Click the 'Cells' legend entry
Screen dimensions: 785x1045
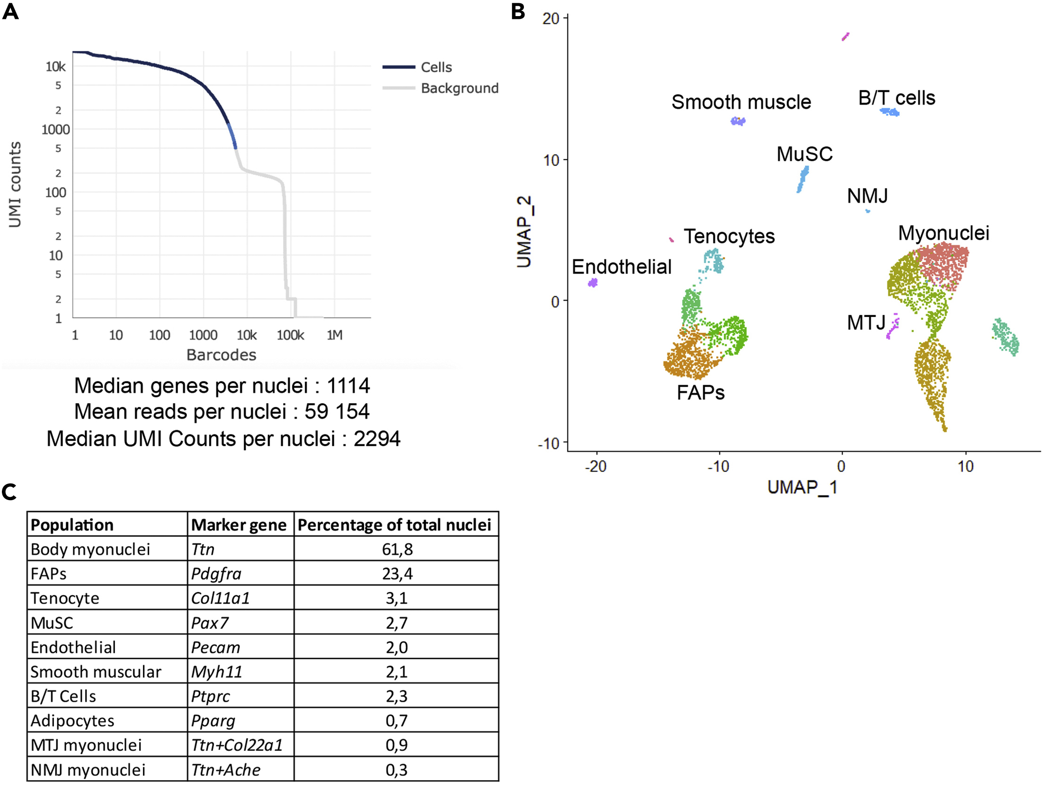point(436,67)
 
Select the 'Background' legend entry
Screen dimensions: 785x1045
point(459,88)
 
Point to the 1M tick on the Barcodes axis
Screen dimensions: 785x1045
point(335,335)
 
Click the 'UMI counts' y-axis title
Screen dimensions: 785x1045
point(15,185)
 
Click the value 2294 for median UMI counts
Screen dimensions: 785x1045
point(377,439)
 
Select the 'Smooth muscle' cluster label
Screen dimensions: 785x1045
point(741,102)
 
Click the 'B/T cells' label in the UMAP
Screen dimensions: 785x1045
point(896,98)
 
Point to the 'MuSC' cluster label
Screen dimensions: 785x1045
point(804,154)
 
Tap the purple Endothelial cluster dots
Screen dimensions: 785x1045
point(593,283)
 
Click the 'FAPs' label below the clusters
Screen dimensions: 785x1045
point(700,392)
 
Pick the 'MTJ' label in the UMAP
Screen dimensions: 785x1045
point(866,323)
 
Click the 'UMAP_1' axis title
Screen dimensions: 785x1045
point(802,487)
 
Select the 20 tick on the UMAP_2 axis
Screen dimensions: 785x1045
point(551,18)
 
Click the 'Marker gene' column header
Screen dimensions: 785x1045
point(239,525)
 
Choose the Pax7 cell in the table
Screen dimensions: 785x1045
point(210,623)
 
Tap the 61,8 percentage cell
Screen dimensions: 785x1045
point(397,549)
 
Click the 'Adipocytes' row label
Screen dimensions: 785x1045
point(72,721)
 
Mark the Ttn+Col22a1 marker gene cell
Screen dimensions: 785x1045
point(237,745)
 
